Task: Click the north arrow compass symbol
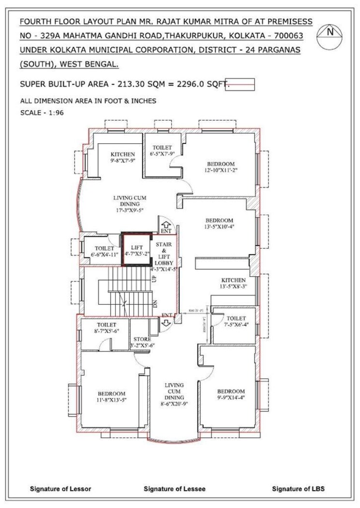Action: [331, 33]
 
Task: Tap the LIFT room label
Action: [135, 250]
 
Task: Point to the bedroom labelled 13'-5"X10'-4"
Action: [219, 224]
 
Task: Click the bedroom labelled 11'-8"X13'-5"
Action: [112, 396]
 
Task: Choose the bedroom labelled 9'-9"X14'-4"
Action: [230, 395]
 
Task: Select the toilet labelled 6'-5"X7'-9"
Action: [163, 150]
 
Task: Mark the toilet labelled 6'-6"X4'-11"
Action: [101, 252]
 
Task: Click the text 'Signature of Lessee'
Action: [174, 489]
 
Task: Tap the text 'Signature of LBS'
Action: [298, 489]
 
